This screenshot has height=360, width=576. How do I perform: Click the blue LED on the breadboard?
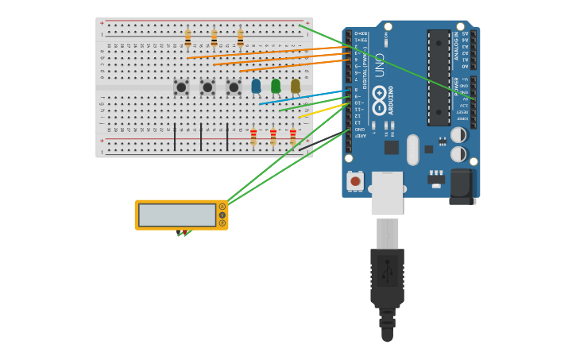[x=256, y=85]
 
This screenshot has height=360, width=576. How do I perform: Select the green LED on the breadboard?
[x=276, y=85]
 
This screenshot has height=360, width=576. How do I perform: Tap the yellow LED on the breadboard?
[x=296, y=85]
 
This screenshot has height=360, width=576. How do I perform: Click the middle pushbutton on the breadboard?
[x=207, y=87]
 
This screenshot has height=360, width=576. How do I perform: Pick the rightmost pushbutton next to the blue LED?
[x=234, y=87]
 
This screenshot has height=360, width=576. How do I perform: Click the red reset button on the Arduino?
[x=355, y=181]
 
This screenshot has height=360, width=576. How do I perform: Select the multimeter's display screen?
[x=177, y=215]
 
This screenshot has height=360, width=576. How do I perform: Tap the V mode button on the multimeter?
[x=222, y=215]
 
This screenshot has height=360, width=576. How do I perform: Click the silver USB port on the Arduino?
[x=387, y=193]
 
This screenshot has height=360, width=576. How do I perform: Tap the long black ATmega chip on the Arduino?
[x=439, y=77]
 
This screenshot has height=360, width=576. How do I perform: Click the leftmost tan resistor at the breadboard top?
[x=188, y=38]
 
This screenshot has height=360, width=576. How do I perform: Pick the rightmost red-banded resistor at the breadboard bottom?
[x=292, y=137]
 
